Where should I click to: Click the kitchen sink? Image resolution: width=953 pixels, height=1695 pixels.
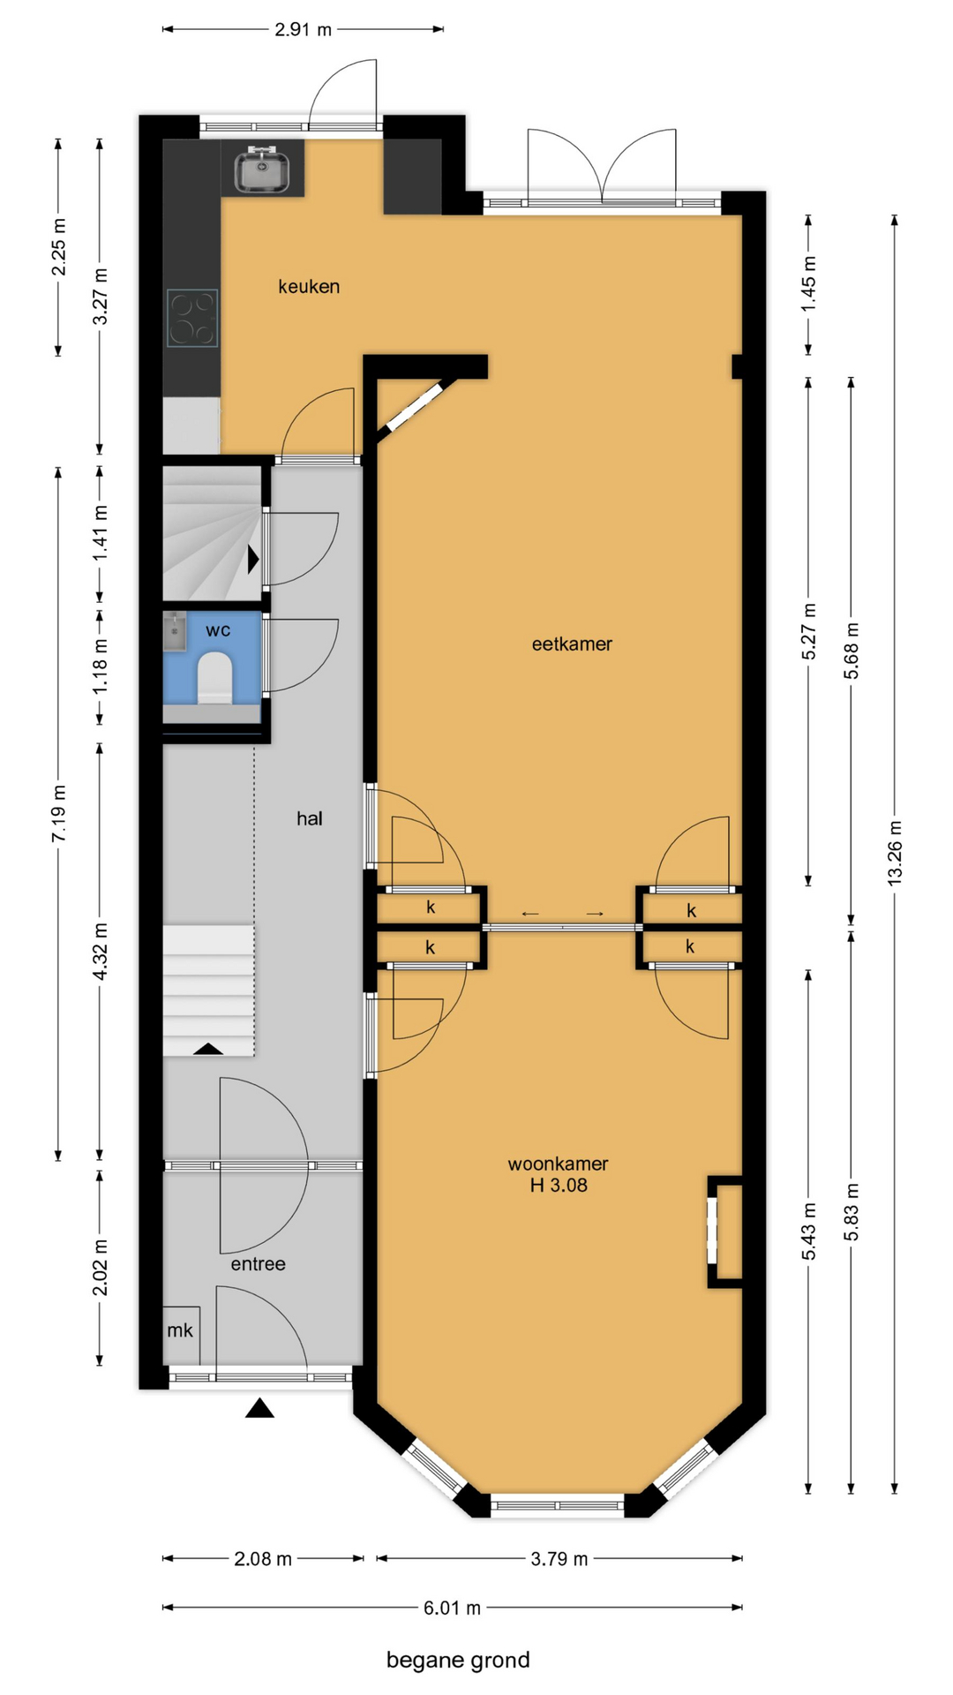click(262, 169)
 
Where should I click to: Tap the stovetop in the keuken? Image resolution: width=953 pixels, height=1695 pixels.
click(192, 317)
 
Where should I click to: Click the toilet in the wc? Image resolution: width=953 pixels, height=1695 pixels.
click(214, 677)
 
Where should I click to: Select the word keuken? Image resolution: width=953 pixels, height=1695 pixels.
click(309, 286)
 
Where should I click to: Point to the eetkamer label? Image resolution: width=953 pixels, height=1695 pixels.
click(572, 644)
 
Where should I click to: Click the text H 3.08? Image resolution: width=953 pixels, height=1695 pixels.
click(559, 1186)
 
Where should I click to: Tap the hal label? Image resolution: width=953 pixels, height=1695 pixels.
click(310, 818)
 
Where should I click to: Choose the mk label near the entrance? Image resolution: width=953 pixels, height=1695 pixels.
click(180, 1330)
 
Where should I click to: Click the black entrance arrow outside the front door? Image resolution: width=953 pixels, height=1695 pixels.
click(259, 1407)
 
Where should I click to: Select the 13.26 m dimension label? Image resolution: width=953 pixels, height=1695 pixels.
click(895, 853)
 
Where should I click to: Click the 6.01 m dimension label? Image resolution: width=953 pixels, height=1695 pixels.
click(452, 1608)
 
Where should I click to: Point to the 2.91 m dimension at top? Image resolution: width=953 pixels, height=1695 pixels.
click(303, 29)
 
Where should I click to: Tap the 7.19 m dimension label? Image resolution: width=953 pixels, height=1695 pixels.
click(58, 813)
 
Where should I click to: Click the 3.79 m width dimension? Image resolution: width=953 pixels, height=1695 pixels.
click(559, 1559)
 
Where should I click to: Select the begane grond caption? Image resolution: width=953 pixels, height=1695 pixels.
click(458, 1661)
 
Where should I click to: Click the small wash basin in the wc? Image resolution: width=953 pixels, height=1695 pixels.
click(175, 633)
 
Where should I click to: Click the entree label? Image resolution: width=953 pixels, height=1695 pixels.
click(259, 1264)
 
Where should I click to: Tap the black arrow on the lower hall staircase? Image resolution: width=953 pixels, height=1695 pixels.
click(208, 1049)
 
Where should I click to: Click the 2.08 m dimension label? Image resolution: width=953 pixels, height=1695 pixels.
click(263, 1559)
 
